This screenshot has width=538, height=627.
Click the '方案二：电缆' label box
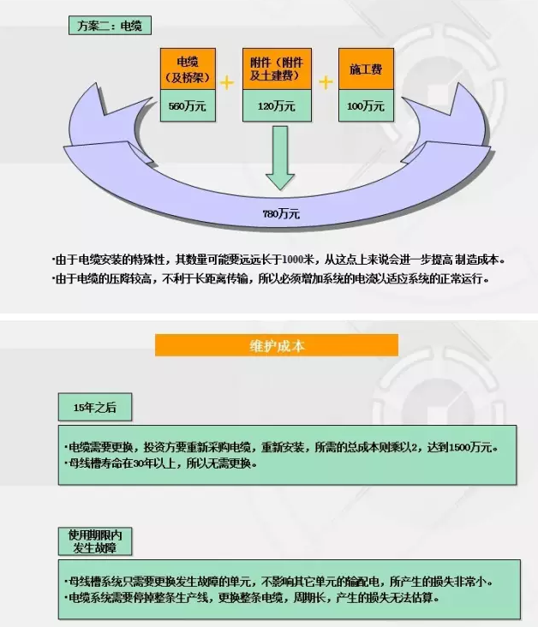(x=110, y=26)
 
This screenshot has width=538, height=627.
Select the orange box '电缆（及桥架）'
(x=188, y=69)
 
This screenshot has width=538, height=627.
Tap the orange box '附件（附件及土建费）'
(x=277, y=69)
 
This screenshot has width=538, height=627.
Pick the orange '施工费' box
(x=366, y=69)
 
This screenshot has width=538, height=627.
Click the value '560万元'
(x=188, y=106)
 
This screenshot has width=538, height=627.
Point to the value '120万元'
(x=277, y=106)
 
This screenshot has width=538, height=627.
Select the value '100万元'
(x=366, y=106)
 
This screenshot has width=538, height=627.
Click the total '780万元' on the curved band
(x=281, y=214)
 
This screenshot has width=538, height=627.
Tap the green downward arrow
(x=280, y=158)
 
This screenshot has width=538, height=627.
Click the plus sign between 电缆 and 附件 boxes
(x=227, y=83)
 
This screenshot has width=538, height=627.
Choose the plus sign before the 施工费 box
(x=326, y=82)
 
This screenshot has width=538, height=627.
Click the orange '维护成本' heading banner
(x=277, y=345)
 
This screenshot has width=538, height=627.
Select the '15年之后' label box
(x=95, y=407)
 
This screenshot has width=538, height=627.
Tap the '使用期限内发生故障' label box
(x=95, y=541)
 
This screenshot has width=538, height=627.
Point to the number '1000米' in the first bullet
(x=298, y=260)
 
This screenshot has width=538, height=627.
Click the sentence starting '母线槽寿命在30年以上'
(x=160, y=463)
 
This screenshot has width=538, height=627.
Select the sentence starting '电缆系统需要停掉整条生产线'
(x=252, y=598)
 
